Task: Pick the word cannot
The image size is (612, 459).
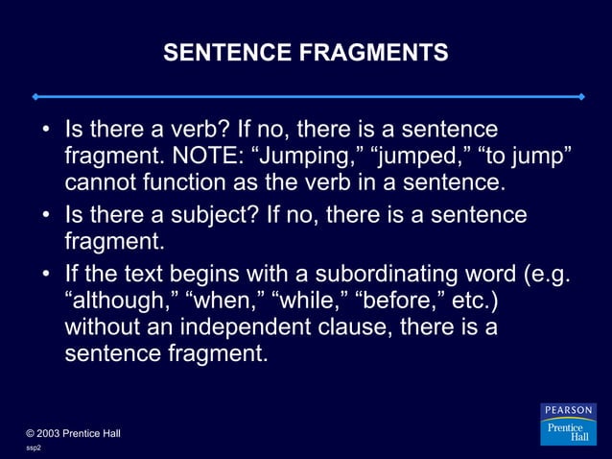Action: pyautogui.click(x=99, y=181)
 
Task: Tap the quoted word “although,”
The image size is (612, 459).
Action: pyautogui.click(x=120, y=301)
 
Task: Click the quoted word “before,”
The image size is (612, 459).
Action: pyautogui.click(x=399, y=301)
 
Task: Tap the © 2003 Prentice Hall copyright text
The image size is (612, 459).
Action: pyautogui.click(x=73, y=433)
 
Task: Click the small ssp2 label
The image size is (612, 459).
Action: pyautogui.click(x=33, y=448)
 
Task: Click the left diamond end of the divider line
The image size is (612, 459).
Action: pyautogui.click(x=34, y=97)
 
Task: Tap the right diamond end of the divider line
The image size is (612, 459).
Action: pyautogui.click(x=581, y=97)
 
